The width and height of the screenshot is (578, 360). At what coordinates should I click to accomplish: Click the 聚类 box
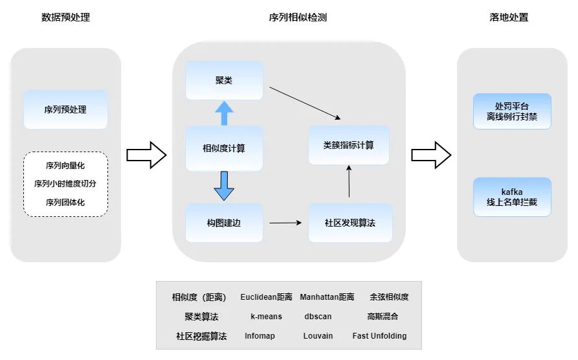click(x=224, y=80)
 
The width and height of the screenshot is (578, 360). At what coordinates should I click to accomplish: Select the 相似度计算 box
click(x=224, y=148)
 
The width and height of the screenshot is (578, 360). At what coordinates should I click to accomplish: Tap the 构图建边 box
click(x=224, y=223)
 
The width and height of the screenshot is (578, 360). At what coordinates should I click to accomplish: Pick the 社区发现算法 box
click(x=350, y=223)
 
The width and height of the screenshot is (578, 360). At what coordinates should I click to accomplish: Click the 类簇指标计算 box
click(x=348, y=145)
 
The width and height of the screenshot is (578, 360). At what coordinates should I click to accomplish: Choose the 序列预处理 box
click(x=65, y=109)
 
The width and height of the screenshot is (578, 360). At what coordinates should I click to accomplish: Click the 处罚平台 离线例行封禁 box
click(x=512, y=111)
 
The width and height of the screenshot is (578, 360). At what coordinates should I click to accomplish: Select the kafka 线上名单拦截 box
click(x=512, y=197)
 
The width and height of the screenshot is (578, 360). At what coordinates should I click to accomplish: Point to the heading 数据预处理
click(x=65, y=17)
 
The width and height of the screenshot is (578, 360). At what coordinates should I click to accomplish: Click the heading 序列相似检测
click(x=289, y=17)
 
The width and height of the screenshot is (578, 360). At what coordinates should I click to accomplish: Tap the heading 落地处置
click(x=509, y=17)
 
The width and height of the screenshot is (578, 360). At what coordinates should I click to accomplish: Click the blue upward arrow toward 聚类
click(x=224, y=113)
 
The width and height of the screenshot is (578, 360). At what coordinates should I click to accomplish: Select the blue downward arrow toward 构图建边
click(x=224, y=185)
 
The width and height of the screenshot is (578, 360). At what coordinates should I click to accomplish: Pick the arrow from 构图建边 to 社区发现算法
click(x=285, y=223)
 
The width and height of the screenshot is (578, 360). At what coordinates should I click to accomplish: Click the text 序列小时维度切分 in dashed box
click(x=65, y=184)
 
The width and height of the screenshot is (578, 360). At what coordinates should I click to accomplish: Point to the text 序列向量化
click(x=65, y=166)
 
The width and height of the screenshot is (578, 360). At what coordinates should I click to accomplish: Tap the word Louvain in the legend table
click(x=318, y=336)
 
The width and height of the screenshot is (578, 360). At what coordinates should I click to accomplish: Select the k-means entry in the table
click(x=266, y=317)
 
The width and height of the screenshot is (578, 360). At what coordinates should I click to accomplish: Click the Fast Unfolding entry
click(x=379, y=336)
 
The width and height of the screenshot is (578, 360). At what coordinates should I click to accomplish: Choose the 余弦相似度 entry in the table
click(x=389, y=297)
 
